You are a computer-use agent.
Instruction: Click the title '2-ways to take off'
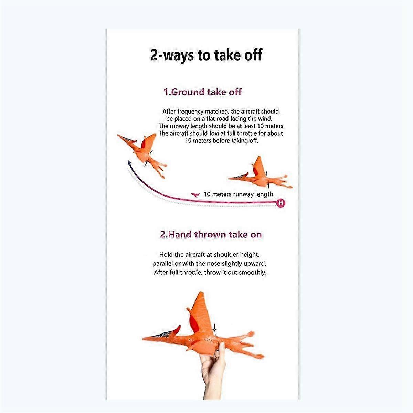tap(206, 55)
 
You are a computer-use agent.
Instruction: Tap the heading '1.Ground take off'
tap(202, 92)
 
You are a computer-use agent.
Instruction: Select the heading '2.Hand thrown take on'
tap(211, 234)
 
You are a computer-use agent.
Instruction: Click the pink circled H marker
tap(281, 202)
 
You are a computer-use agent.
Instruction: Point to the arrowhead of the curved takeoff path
tap(129, 162)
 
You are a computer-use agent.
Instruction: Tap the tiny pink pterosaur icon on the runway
tap(195, 194)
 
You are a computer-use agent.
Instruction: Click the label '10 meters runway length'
tap(238, 194)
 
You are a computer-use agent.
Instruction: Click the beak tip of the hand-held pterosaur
tap(143, 338)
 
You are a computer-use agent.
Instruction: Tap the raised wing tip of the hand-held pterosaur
tap(200, 292)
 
